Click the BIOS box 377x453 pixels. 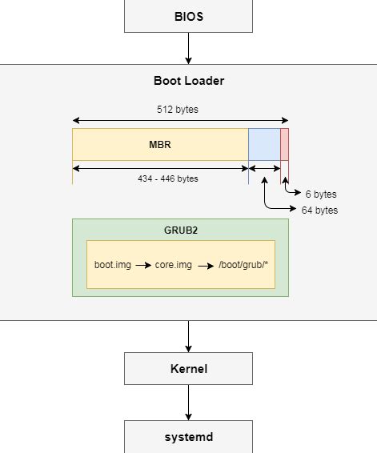tap(188, 16)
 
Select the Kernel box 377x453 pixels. tap(188, 369)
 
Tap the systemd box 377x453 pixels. tap(188, 437)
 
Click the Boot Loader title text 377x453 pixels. tap(189, 81)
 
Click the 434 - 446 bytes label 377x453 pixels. tap(167, 178)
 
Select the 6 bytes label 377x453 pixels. tap(321, 194)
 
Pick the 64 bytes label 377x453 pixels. tap(319, 210)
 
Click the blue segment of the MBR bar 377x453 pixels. tap(264, 145)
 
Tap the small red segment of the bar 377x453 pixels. tap(284, 145)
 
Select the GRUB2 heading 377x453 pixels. tap(181, 230)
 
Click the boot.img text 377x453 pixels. tap(112, 264)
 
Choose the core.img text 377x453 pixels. tap(174, 264)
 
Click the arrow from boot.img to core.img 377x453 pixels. tap(142, 264)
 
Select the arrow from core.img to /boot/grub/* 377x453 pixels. tap(204, 264)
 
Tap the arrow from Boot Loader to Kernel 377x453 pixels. tap(188, 336)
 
